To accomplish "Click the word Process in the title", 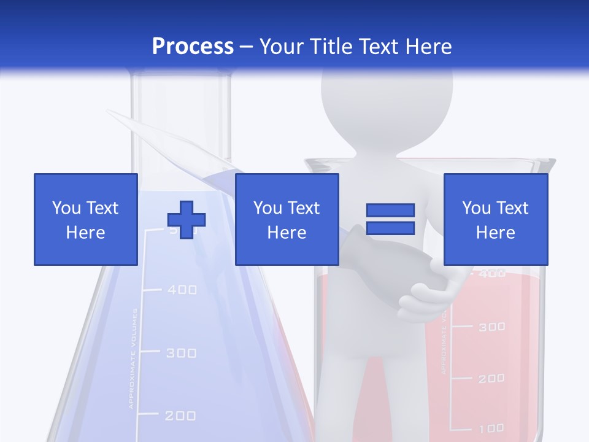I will tap(193, 46).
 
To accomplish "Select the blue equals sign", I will tap(390, 219).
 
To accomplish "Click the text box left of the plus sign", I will tap(85, 219).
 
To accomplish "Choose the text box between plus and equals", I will tap(287, 219).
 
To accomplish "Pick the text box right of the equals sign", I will tap(495, 219).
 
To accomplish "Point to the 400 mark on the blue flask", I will tap(182, 289).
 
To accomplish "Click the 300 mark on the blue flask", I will tap(181, 353).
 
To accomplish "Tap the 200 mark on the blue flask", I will tap(180, 416).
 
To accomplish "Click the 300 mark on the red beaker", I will tap(491, 327).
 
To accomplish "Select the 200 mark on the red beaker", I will tap(491, 378).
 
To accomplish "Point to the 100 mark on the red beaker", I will tap(491, 428).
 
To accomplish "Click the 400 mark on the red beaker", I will tap(491, 274).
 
